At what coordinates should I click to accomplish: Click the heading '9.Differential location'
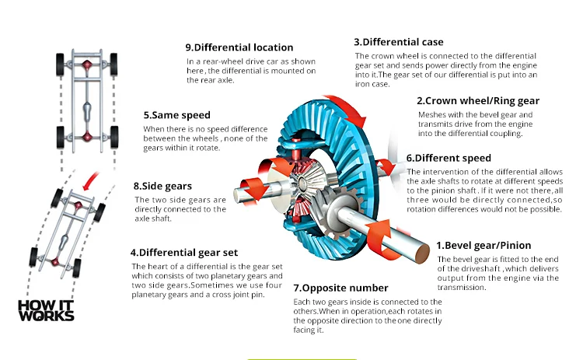click(x=239, y=47)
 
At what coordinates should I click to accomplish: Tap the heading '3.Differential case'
click(x=399, y=42)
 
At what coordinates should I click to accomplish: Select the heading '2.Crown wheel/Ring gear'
click(x=478, y=101)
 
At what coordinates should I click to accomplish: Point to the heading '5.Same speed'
click(x=177, y=115)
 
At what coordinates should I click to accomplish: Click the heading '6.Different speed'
click(x=449, y=158)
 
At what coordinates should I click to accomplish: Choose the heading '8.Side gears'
click(x=162, y=186)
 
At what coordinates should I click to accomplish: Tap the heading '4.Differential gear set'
click(x=184, y=253)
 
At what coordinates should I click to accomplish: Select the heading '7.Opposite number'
click(x=340, y=288)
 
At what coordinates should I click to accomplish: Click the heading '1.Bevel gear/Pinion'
click(x=484, y=246)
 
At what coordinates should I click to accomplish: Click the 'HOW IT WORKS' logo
click(x=46, y=310)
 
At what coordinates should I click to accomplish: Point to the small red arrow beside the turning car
click(x=90, y=180)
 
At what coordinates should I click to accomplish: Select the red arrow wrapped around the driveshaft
click(x=383, y=240)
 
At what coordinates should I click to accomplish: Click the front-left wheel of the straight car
click(x=60, y=65)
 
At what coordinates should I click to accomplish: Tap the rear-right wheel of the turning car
click(x=77, y=267)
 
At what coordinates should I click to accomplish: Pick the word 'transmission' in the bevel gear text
click(x=462, y=288)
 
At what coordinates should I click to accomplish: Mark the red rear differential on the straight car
click(x=87, y=136)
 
